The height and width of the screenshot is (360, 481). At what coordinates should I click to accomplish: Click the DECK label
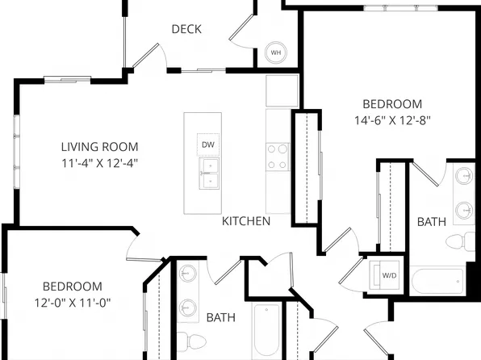pos(186,29)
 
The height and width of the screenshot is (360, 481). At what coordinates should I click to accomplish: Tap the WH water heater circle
pos(276,52)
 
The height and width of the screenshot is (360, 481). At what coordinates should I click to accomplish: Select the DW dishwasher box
pos(208,144)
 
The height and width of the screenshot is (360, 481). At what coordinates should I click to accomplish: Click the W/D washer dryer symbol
pos(384,275)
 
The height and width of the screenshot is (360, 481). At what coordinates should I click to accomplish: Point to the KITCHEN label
pos(246,221)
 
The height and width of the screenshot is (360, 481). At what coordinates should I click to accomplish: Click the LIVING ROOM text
pos(100,147)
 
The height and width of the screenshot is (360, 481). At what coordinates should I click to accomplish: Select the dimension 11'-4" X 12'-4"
pos(100,163)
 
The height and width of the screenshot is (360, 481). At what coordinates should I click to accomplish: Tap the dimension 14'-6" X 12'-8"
pos(393,120)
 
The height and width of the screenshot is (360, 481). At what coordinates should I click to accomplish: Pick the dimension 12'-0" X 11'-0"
pos(73,303)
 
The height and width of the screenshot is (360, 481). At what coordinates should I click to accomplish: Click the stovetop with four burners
pos(278,157)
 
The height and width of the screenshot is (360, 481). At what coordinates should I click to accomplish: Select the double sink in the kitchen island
pos(209,174)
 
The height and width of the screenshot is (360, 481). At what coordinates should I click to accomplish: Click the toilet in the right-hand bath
pos(461,241)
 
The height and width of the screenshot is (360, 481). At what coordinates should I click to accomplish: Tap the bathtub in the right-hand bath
pos(437,281)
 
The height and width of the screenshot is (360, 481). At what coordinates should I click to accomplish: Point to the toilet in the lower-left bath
pos(192,341)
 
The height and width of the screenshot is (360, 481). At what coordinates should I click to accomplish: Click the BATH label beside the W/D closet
pos(432,222)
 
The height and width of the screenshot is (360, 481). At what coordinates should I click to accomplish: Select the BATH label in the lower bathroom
pos(221,317)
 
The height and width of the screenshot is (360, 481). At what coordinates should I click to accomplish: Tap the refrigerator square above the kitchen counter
pos(282,91)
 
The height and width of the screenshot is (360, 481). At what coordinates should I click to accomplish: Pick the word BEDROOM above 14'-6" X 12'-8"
pos(392,104)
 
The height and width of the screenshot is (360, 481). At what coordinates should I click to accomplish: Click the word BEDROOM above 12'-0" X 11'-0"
pos(73,287)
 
